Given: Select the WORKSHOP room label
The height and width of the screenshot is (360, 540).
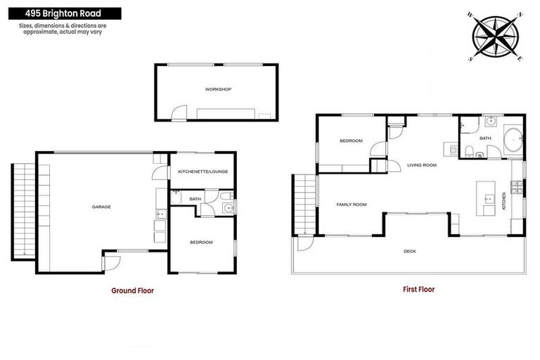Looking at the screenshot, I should click(218, 89).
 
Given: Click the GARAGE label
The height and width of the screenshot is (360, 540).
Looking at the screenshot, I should click(101, 207).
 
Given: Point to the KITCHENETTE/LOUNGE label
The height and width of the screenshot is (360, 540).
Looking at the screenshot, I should click(202, 172).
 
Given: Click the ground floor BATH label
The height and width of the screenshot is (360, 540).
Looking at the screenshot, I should click(195, 199).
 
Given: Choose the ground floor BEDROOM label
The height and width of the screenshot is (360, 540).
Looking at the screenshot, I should click(201, 243).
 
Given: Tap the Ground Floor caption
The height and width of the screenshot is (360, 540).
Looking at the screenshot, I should click(132, 290).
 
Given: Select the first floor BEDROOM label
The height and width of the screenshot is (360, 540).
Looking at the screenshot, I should click(351, 141).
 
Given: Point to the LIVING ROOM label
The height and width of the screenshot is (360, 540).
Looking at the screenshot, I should click(422, 165).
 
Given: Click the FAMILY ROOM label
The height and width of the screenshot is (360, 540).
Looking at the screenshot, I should click(352, 205).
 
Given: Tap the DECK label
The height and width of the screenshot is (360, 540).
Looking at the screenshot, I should click(409, 251).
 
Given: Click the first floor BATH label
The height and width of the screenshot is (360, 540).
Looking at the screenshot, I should click(485, 139).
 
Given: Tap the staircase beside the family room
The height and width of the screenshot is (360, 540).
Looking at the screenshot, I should click(304, 204).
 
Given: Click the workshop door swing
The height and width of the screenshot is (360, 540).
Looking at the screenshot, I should click(179, 112).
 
